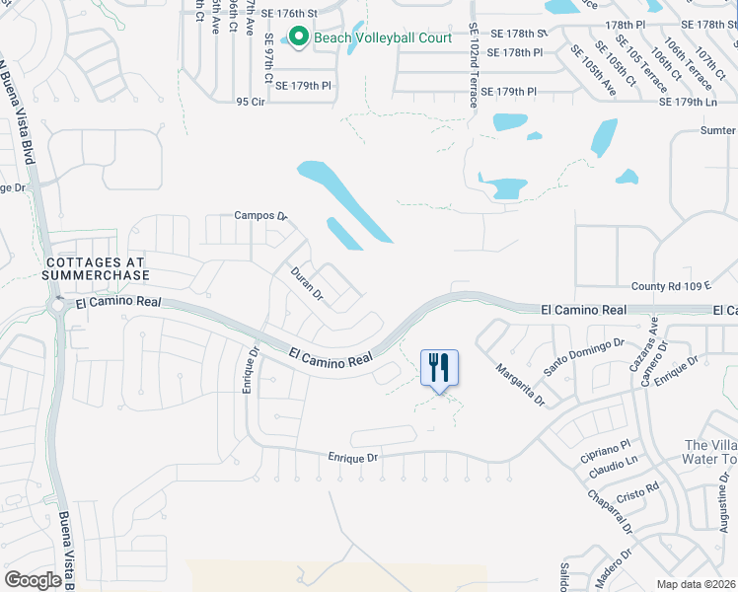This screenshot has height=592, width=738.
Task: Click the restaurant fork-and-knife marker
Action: (440, 368)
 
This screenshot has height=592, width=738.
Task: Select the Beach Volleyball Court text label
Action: (383, 38)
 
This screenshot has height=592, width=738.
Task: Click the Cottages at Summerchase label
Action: (97, 268)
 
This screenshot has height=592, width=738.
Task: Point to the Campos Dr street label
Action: (258, 215)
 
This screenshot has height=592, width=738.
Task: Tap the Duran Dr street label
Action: (307, 281)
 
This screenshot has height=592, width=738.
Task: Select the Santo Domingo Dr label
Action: (584, 352)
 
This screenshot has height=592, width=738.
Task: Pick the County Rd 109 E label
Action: (671, 285)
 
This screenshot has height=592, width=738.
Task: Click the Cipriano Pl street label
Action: (610, 445)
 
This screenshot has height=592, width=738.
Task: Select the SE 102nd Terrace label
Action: (474, 66)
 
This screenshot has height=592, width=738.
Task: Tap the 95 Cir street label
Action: (252, 101)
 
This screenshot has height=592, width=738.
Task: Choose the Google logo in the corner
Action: (33, 580)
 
